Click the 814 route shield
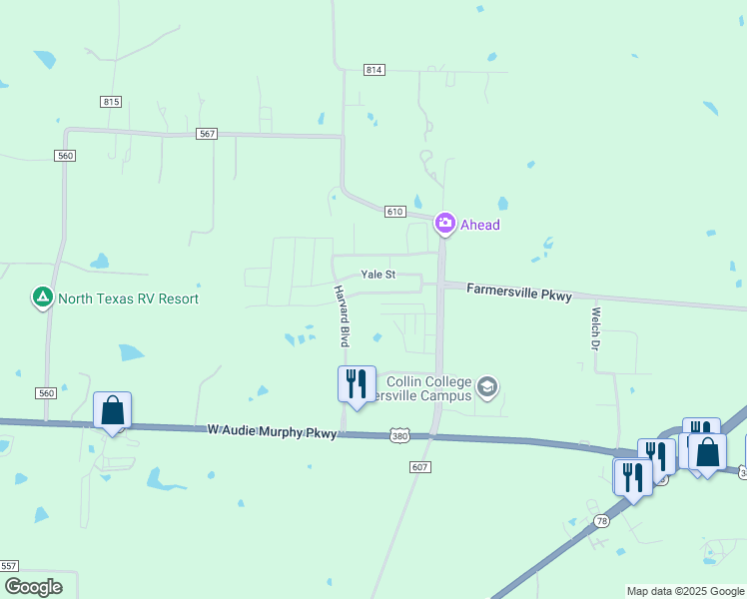(x=373, y=70)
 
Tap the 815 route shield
(x=111, y=102)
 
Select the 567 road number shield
(x=207, y=134)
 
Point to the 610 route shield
(x=394, y=212)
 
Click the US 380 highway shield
(x=398, y=436)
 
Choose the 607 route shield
(x=419, y=467)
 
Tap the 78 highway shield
(x=601, y=521)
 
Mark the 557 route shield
(x=9, y=566)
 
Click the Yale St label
(x=378, y=275)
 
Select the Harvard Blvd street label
(x=342, y=314)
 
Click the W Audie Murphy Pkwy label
(x=273, y=430)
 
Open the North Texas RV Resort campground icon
(x=43, y=298)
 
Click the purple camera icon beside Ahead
(x=445, y=224)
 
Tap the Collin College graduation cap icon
(x=486, y=387)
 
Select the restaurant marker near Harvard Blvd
(x=357, y=383)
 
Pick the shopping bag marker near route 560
(x=113, y=409)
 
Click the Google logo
(x=33, y=587)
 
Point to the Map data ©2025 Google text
(x=685, y=592)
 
